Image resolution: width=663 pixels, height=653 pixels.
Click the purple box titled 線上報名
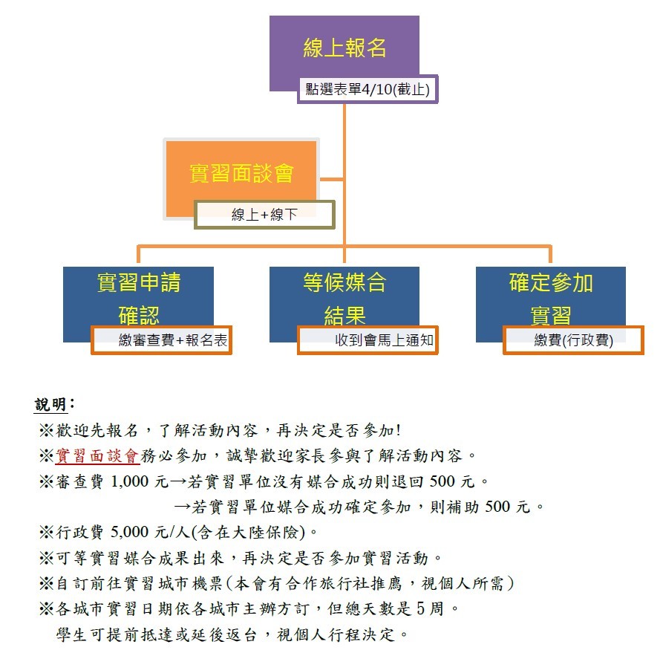344,48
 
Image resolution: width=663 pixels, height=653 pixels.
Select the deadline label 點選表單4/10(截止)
368,89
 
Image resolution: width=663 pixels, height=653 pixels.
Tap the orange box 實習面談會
241,174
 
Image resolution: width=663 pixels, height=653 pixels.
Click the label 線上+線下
265,215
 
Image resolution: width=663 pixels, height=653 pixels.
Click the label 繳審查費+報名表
162,340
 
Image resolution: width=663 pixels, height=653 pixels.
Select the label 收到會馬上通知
368,340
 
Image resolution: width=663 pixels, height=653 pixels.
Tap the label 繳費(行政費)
573,340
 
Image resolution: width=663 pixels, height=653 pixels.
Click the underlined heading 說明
50,405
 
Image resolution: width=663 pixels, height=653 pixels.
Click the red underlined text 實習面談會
97,456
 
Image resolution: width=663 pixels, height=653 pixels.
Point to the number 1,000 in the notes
129,481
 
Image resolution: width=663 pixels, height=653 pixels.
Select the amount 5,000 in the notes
129,532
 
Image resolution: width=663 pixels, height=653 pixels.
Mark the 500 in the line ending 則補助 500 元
497,507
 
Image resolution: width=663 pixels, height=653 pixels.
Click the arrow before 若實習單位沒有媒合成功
178,481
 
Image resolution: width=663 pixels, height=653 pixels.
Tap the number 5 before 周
420,608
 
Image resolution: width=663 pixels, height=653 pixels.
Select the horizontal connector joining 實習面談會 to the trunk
331,179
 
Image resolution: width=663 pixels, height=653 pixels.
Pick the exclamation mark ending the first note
398,430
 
